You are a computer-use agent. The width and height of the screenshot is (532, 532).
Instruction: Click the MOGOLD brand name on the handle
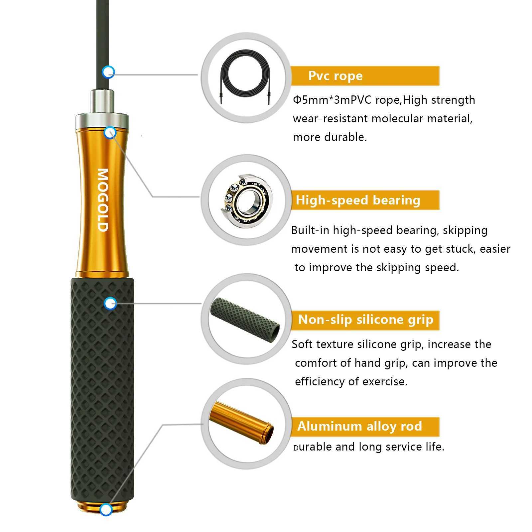(103, 200)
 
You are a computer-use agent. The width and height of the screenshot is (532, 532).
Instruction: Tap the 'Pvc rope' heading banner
(335, 76)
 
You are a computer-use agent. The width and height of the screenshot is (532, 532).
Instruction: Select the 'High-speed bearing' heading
(358, 200)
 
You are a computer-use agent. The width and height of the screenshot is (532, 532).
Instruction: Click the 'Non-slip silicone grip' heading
(365, 320)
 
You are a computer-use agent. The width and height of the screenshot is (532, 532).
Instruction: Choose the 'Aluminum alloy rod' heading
(359, 426)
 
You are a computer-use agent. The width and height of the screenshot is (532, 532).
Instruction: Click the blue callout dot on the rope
(108, 71)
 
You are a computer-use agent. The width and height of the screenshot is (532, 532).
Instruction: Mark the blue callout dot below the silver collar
(110, 133)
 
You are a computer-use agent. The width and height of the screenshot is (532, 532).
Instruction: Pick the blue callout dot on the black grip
(110, 303)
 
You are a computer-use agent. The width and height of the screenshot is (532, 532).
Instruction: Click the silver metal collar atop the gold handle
(102, 120)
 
